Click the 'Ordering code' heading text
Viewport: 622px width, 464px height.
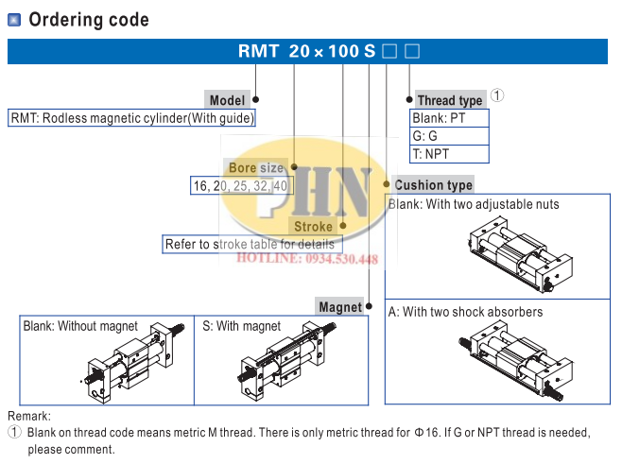88,20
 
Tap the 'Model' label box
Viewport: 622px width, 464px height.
227,100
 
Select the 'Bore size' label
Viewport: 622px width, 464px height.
256,167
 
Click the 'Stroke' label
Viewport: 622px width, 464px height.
313,227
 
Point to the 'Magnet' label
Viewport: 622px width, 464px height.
340,306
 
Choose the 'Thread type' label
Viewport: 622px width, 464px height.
450,100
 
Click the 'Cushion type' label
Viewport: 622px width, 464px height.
434,185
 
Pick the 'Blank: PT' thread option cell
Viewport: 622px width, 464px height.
450,118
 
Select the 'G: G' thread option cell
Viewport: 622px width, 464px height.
450,136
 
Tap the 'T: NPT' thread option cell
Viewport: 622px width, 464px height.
450,154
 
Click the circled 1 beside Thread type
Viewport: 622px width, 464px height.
498,96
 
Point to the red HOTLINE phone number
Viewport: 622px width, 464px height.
306,259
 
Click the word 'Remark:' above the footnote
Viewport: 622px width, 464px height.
29,416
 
